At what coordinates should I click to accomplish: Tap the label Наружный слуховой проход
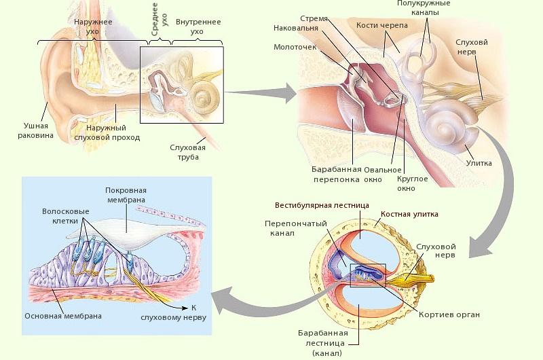click(113, 132)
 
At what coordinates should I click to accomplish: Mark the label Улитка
click(479, 163)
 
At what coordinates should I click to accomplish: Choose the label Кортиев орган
click(449, 314)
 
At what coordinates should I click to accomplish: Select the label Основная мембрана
click(63, 316)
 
